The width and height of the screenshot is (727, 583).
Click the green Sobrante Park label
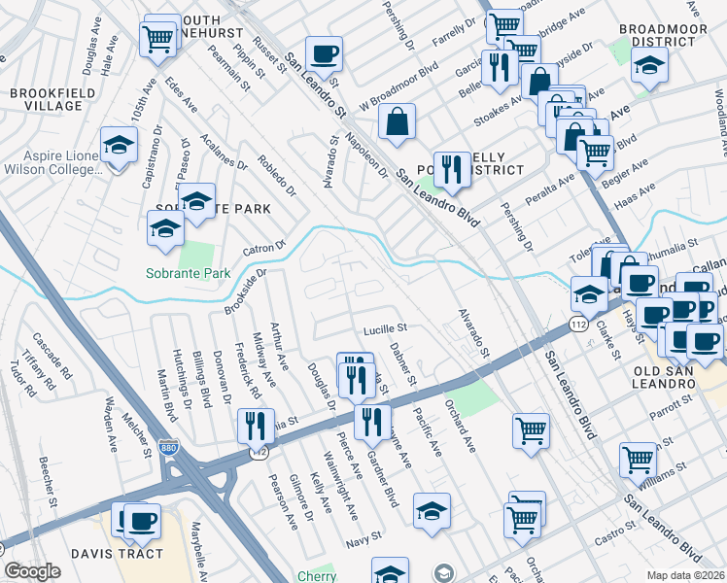189,273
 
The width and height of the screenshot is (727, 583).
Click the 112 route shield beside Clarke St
579,323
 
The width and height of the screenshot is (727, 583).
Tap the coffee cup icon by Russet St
324,53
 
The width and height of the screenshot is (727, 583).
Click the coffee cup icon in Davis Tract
143,520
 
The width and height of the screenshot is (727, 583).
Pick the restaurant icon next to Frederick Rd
256,426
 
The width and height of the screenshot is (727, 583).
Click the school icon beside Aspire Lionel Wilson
119,146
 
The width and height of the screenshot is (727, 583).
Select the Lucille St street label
384,329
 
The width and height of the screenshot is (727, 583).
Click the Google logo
33,571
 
